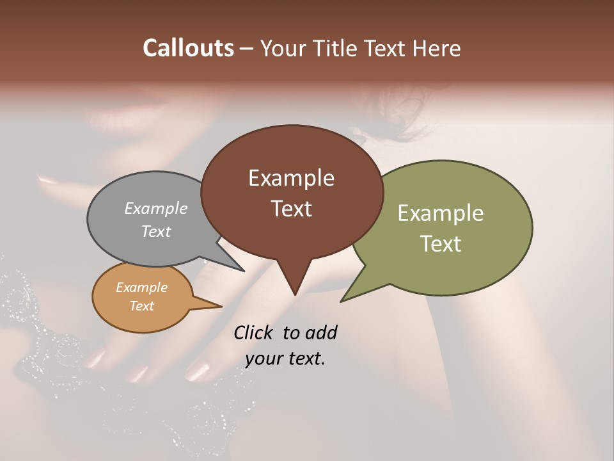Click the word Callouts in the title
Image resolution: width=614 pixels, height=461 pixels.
(x=188, y=48)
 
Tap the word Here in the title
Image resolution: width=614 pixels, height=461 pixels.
(x=437, y=49)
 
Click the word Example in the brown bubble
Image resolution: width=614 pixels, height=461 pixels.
(x=291, y=178)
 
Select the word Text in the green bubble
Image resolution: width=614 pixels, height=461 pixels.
(x=441, y=244)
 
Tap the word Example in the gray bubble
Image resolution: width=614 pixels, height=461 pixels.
(x=156, y=208)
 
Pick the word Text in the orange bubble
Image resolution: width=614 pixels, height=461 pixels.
(x=141, y=306)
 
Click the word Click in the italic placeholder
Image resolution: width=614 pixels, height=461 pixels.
(x=254, y=332)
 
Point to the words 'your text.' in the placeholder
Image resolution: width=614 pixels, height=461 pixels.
(x=285, y=359)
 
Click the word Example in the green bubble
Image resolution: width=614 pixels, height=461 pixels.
(x=441, y=213)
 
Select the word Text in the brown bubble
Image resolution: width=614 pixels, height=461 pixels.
(x=292, y=209)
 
